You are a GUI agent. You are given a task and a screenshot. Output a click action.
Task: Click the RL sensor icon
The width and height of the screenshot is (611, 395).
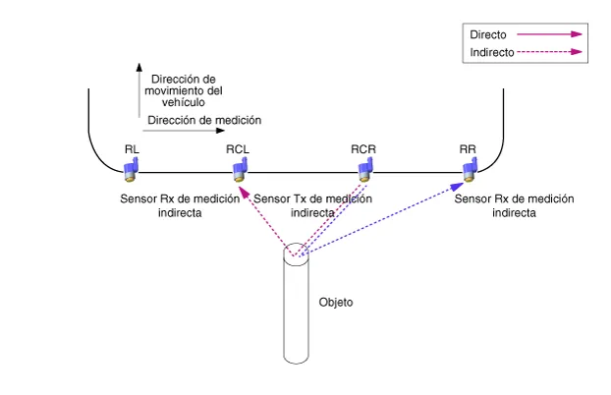pos(130,171)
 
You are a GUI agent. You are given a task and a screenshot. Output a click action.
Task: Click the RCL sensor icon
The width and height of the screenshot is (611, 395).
pos(238,171)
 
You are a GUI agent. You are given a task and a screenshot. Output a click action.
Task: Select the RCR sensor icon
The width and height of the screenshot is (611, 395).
pos(363,171)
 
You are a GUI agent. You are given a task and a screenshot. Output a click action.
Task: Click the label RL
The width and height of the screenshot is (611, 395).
pos(132,149)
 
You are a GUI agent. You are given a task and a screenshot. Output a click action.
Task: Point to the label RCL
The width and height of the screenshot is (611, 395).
pos(238,149)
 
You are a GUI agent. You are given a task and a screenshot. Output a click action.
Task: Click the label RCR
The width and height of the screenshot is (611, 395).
pos(363,149)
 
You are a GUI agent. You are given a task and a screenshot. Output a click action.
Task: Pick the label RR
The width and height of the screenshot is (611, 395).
pos(468,149)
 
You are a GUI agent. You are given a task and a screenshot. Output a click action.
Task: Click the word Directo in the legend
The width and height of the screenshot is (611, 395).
pos(487,34)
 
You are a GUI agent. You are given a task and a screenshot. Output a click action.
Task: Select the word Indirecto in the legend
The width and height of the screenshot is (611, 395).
pos(491,52)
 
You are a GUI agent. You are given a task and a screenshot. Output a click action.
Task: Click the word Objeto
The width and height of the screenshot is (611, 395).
pos(336,302)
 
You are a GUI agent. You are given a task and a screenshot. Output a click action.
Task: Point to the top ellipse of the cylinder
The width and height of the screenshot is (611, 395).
pos(299,254)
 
